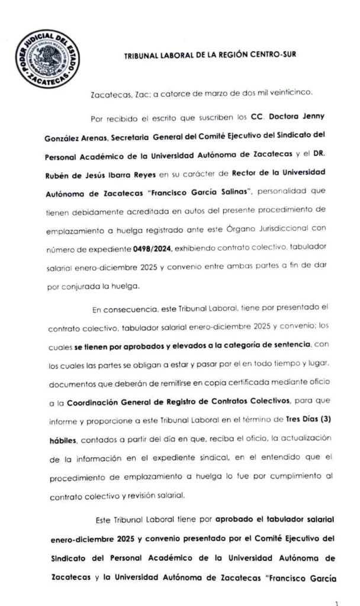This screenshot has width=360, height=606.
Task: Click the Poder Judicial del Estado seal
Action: pyautogui.click(x=46, y=59)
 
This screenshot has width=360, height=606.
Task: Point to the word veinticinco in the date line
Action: pyautogui.click(x=298, y=94)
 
